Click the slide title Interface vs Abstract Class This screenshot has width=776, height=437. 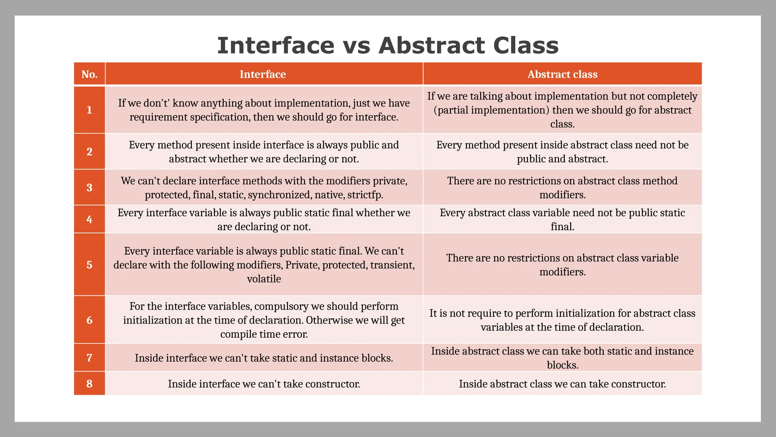pos(388,46)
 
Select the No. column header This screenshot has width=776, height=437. pos(89,74)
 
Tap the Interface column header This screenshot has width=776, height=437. pos(263,74)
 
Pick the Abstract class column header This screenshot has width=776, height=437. pos(562,74)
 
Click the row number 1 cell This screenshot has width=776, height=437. pos(89,110)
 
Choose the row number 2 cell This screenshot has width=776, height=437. pos(89,152)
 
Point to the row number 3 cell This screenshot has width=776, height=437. pos(89,187)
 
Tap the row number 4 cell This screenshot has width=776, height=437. pos(89,219)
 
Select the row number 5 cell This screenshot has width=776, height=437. pos(89,264)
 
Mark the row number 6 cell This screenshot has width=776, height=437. pos(89,320)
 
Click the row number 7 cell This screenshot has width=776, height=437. pos(89,358)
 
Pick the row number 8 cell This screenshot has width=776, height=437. pos(89,384)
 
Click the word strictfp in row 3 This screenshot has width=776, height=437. pos(365,195)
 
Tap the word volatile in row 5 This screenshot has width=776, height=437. pos(264,279)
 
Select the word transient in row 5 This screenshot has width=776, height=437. pos(392,265)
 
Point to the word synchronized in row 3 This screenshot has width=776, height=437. pos(279,195)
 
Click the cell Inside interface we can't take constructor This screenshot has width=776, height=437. pos(264,384)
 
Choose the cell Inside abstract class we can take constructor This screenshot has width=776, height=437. pos(562,384)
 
